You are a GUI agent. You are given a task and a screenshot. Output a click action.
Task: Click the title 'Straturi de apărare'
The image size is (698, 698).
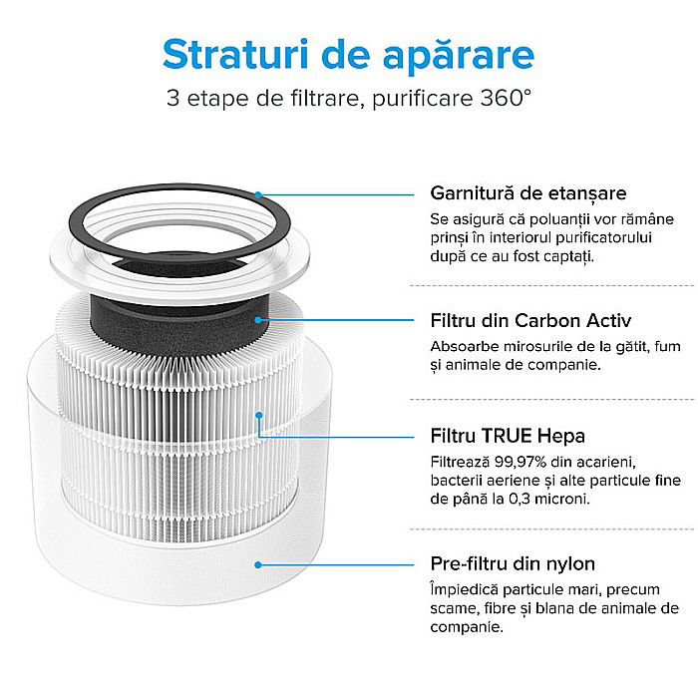[x=348, y=54]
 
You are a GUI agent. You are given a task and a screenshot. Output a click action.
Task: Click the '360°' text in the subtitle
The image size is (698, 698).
[x=505, y=100]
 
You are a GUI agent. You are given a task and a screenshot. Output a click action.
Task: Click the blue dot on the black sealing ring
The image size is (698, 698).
[x=258, y=194]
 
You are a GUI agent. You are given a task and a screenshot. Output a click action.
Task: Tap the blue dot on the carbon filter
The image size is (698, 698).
[x=258, y=320]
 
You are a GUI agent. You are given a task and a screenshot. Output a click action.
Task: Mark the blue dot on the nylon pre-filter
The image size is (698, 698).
[x=258, y=564]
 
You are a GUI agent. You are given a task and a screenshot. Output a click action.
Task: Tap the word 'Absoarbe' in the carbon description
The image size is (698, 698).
[x=464, y=346]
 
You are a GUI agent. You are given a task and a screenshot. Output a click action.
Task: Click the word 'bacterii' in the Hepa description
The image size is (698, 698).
[x=458, y=480]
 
